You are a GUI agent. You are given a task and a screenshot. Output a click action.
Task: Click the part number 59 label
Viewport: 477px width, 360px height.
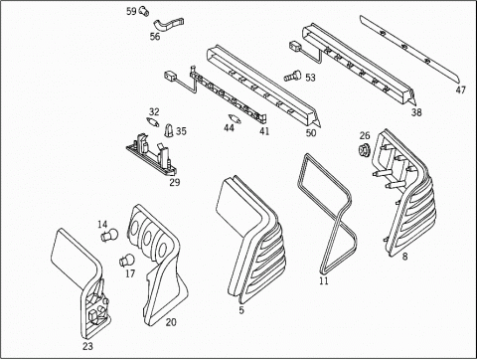(x=131, y=11)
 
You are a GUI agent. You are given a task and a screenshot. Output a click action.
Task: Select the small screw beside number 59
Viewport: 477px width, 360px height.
(x=144, y=11)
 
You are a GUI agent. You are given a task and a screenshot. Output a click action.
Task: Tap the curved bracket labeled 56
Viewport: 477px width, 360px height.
(x=169, y=24)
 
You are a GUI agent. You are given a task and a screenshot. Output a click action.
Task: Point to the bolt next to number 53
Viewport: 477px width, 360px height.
(x=293, y=76)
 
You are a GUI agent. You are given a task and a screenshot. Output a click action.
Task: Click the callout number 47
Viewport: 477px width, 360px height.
(x=460, y=90)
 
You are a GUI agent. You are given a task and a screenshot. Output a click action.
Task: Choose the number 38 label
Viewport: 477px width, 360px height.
(x=416, y=112)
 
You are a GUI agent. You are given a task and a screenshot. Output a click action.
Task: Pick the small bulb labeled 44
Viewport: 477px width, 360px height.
(x=235, y=118)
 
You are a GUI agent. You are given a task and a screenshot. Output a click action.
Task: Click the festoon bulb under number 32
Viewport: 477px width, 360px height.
(x=152, y=121)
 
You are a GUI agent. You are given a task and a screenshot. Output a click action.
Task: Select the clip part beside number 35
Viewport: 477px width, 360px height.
(x=169, y=130)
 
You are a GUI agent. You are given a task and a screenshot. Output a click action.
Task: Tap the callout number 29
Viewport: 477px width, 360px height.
(x=175, y=182)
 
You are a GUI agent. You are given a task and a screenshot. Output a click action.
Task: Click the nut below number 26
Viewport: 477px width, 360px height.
(x=364, y=149)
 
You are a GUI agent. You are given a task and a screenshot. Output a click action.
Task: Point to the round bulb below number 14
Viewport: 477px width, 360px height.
(x=108, y=235)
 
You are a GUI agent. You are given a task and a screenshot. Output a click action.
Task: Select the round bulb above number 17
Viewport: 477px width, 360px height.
(x=127, y=260)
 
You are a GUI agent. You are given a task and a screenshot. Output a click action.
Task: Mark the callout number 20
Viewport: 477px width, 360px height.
(x=171, y=322)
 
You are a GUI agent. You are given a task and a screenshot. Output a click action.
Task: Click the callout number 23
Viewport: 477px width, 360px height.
(x=87, y=346)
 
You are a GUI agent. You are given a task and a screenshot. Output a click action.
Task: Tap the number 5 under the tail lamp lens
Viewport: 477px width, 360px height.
(x=241, y=310)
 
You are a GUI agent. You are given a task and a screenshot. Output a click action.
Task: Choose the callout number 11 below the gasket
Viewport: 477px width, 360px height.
(x=324, y=280)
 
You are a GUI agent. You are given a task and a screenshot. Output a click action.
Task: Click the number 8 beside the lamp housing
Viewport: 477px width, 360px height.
(x=404, y=257)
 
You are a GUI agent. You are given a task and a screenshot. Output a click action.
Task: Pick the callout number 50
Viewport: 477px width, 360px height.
(x=311, y=133)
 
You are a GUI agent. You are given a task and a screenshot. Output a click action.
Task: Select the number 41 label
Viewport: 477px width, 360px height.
(x=264, y=131)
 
